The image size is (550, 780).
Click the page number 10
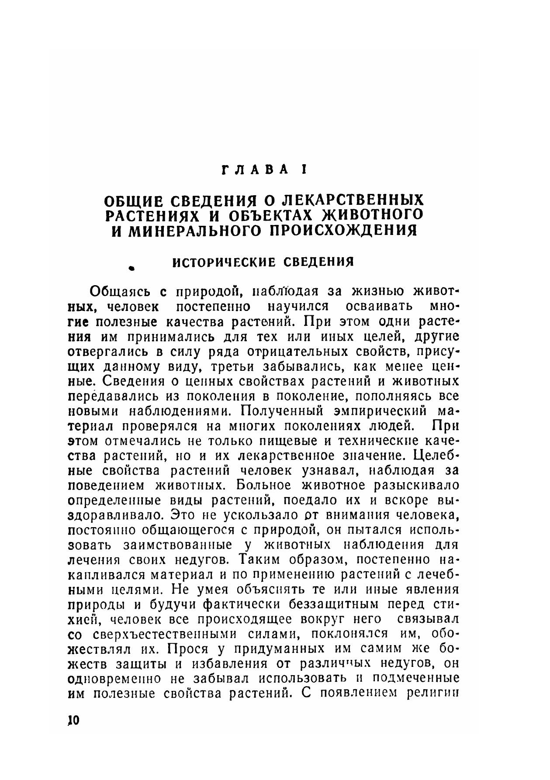tap(73, 720)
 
